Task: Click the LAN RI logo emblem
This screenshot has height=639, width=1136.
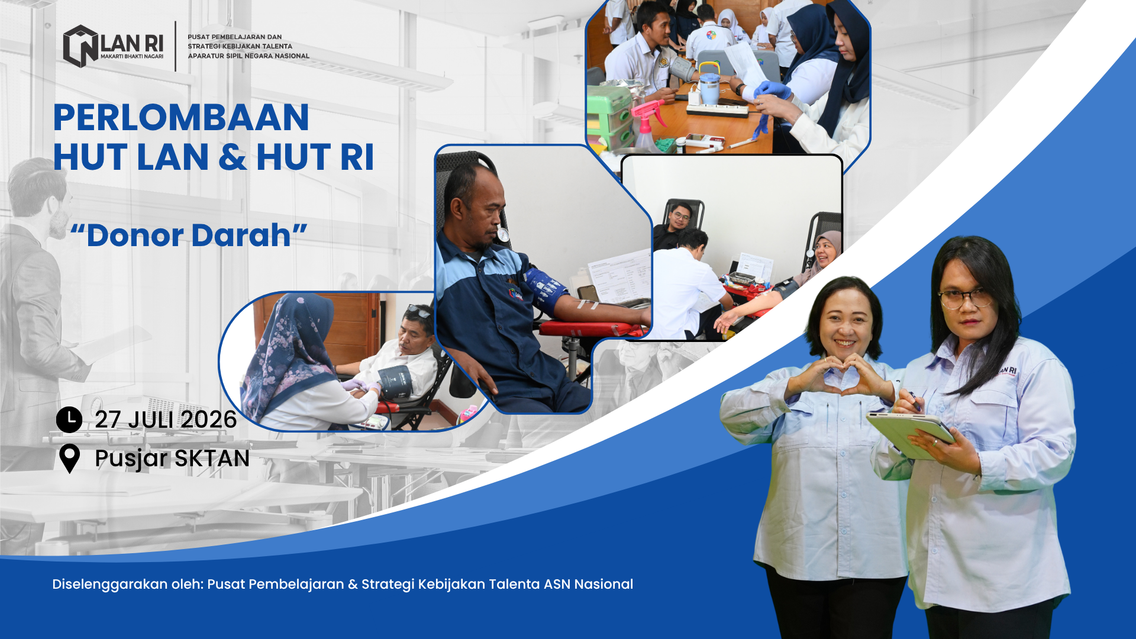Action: point(80,46)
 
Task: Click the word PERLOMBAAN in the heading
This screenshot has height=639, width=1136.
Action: point(181,117)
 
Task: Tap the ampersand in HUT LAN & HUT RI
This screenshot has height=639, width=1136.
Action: point(233,157)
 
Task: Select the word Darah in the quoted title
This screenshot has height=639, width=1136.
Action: point(240,235)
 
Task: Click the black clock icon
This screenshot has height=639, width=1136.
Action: point(69,419)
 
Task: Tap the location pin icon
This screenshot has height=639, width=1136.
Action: point(70,459)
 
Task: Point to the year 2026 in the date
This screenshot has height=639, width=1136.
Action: point(208,419)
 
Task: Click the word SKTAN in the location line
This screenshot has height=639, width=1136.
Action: point(212,459)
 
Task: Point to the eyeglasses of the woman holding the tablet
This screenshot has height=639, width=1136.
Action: point(964,298)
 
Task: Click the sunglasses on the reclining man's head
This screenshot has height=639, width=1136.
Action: point(419,311)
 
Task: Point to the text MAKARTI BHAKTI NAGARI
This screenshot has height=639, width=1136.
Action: point(131,57)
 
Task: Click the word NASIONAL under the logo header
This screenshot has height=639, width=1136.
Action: point(292,56)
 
